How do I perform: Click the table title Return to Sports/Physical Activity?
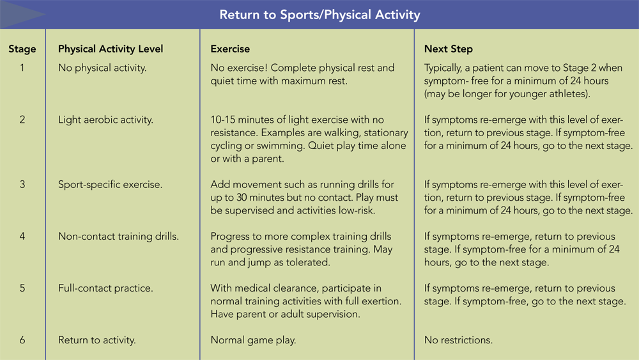click(x=320, y=15)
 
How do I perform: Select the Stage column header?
click(x=22, y=49)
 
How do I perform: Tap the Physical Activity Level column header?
click(x=111, y=49)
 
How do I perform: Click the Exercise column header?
click(x=230, y=49)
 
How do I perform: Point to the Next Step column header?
click(x=449, y=49)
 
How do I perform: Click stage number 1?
click(x=22, y=68)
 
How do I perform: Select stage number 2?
click(x=22, y=120)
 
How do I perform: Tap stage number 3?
click(x=22, y=184)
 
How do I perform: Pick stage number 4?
click(x=22, y=236)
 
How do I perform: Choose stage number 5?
click(x=22, y=288)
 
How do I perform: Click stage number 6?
click(x=22, y=340)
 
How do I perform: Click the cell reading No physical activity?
click(x=102, y=68)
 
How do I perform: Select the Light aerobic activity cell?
click(x=105, y=120)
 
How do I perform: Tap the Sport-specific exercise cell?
click(x=110, y=185)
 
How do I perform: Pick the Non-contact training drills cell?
click(x=119, y=237)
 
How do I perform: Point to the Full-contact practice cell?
click(x=105, y=288)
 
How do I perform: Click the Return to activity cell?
click(x=97, y=340)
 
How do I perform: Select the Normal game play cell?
click(x=253, y=340)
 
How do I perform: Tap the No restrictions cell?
click(x=458, y=340)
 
